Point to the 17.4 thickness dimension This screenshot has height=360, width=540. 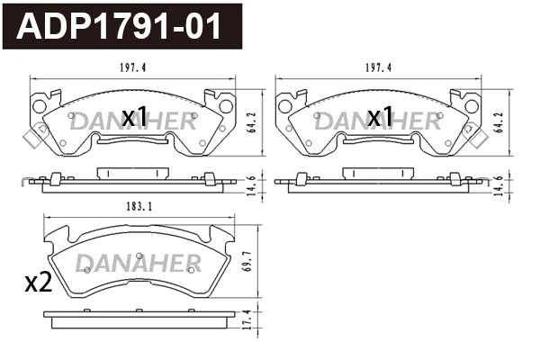tap(255, 319)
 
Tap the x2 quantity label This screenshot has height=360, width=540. tap(37, 283)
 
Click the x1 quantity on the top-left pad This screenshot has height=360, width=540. tap(134, 116)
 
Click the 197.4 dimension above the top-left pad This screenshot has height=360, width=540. tap(133, 67)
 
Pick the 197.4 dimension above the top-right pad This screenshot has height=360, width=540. tap(378, 67)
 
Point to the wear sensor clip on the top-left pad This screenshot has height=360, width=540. tap(34, 137)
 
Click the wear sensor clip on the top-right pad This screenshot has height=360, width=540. tap(476, 137)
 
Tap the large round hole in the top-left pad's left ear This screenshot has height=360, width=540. tap(39, 106)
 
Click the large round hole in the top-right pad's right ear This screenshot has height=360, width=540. tap(472, 106)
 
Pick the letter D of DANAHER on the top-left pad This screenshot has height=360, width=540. tap(77, 121)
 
